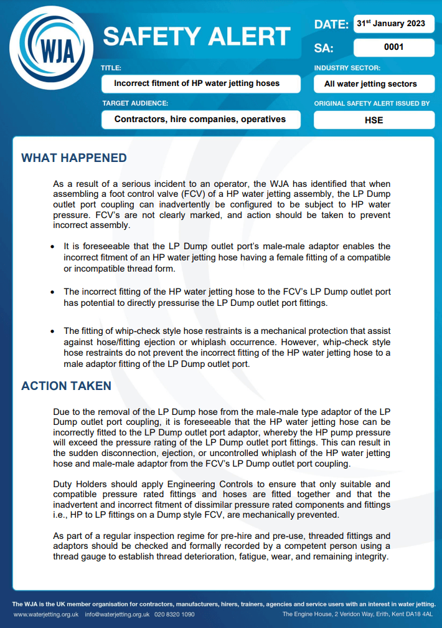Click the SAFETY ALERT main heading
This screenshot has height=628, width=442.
[197, 37]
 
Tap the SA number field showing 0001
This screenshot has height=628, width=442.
[393, 47]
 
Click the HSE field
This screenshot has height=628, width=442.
[374, 120]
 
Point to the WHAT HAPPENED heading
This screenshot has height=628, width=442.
[74, 158]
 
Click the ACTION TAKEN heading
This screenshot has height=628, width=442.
[67, 386]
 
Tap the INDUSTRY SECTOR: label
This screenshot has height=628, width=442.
[347, 68]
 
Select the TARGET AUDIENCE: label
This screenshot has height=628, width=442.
[135, 103]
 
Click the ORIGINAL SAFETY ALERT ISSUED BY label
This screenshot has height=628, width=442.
[372, 103]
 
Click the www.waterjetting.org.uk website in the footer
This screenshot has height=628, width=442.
[46, 614]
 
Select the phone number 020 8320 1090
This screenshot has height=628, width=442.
[174, 614]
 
